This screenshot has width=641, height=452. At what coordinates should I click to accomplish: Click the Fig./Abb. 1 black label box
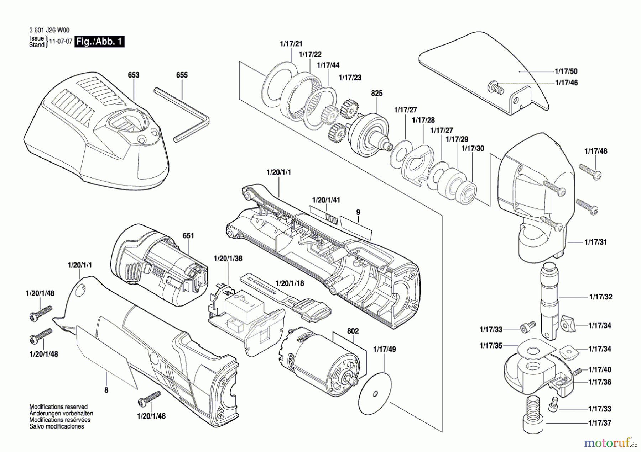[100, 42]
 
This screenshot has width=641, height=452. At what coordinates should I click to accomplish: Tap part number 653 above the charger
[134, 75]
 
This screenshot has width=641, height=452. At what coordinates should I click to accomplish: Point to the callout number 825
[376, 93]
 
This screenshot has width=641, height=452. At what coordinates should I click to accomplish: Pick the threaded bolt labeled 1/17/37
[533, 414]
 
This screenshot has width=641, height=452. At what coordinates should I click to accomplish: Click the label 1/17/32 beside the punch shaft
[601, 297]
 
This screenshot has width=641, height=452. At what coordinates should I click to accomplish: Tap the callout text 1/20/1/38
[228, 259]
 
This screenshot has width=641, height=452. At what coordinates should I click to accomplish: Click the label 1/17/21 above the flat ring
[291, 44]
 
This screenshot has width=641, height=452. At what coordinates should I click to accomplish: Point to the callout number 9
[358, 212]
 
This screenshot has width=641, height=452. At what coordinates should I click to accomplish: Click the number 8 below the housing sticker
[106, 390]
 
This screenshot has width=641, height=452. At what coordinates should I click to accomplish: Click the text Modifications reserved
[58, 407]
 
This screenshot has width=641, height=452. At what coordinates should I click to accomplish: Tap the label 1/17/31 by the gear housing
[596, 242]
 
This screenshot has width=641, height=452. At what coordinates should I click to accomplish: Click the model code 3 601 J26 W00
[49, 31]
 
